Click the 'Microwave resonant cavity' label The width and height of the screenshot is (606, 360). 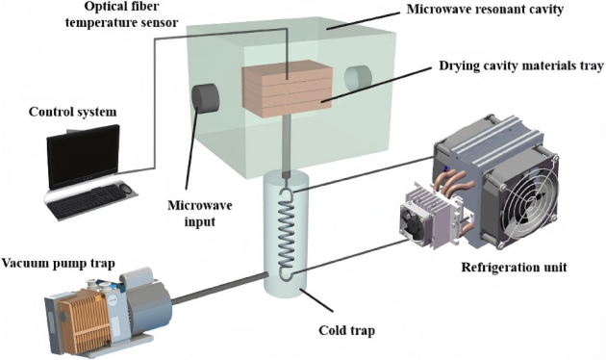click(485, 10)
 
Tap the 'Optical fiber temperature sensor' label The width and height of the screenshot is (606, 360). click(121, 14)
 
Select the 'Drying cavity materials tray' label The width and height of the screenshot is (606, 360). click(521, 65)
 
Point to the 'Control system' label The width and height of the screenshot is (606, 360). click(73, 112)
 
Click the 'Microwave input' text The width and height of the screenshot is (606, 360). click(199, 213)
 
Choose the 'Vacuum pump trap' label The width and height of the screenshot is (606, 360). click(59, 264)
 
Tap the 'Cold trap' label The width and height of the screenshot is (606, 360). click(346, 331)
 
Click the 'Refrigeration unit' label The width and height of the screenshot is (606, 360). click(514, 268)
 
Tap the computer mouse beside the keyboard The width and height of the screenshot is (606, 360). click(126, 189)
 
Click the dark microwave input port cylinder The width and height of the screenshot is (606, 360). click(205, 96)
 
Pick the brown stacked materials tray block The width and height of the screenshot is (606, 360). click(288, 89)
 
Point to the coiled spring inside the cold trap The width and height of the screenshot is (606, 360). click(287, 233)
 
